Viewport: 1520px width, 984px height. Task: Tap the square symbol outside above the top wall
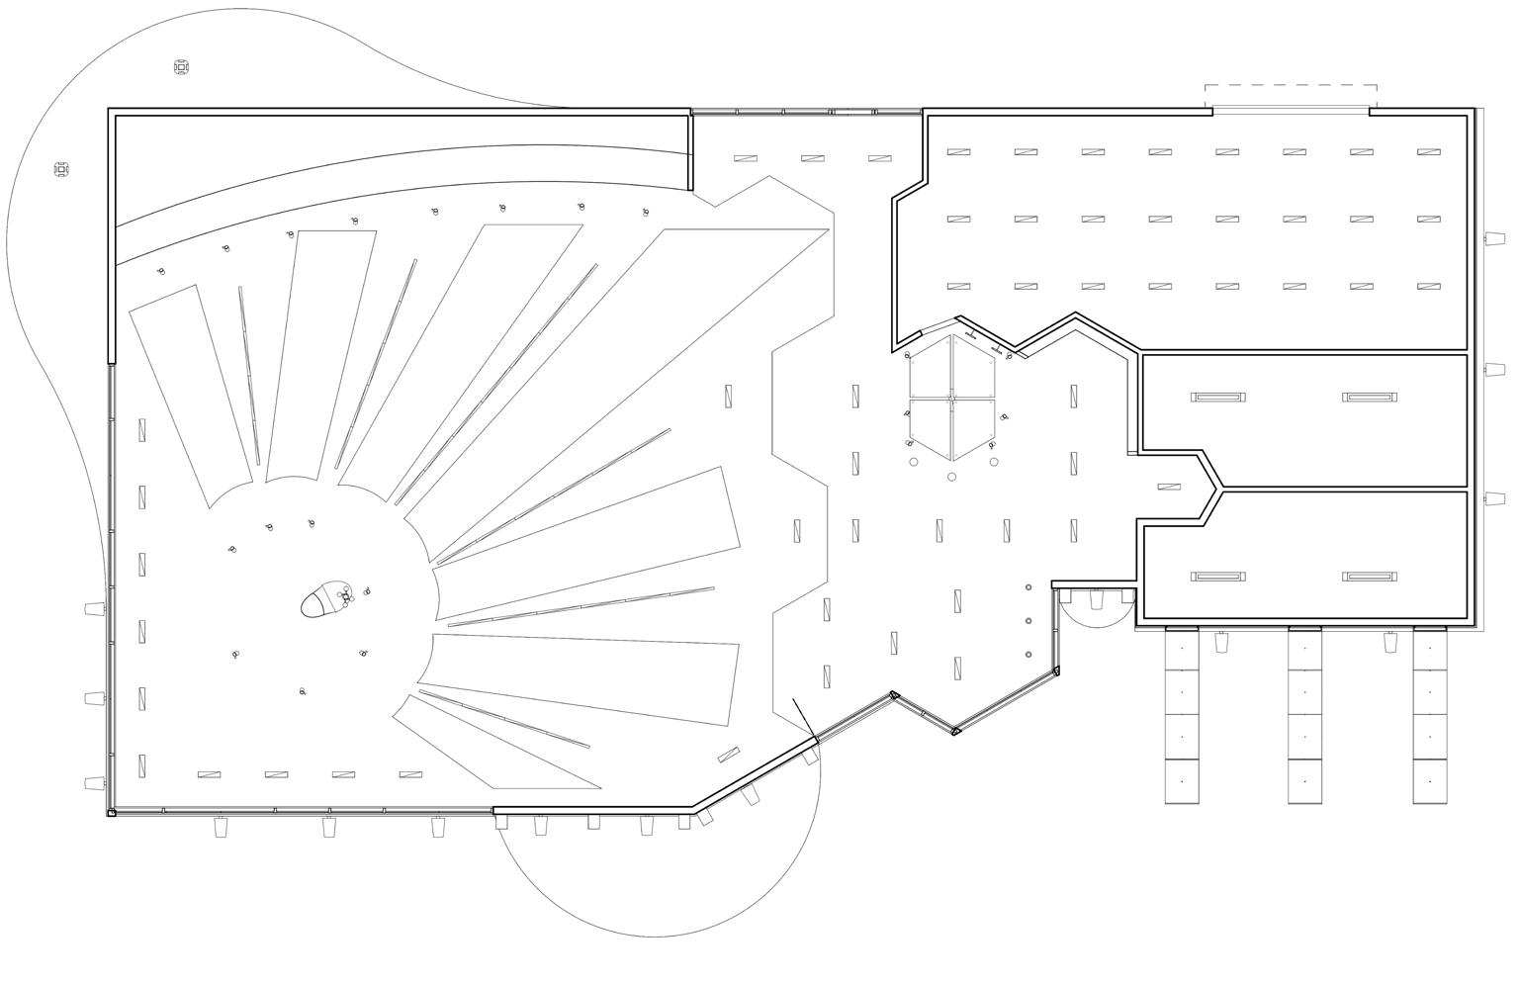tap(181, 67)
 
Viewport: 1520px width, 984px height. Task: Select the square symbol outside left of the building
tap(61, 170)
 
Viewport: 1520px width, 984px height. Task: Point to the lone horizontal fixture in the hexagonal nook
tap(1169, 487)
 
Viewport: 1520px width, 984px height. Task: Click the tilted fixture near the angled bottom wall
tap(729, 754)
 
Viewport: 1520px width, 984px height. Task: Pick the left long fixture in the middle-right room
tap(1217, 398)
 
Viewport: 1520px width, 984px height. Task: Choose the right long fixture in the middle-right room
tap(1370, 398)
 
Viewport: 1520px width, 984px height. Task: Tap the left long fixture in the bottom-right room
tap(1217, 577)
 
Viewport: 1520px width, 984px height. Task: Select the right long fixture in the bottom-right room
tap(1370, 577)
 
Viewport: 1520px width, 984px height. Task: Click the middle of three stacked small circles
tap(1028, 621)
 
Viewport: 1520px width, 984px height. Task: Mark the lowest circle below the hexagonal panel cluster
tap(952, 477)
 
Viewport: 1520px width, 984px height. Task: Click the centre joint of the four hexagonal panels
tap(951, 398)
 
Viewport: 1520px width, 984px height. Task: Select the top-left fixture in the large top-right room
tap(958, 152)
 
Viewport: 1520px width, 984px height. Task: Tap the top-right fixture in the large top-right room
tap(1428, 152)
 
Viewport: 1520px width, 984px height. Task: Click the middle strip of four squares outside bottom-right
tap(1305, 715)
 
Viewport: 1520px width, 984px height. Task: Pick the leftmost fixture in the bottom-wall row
tap(209, 775)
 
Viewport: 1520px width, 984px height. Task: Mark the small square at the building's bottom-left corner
tap(112, 813)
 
